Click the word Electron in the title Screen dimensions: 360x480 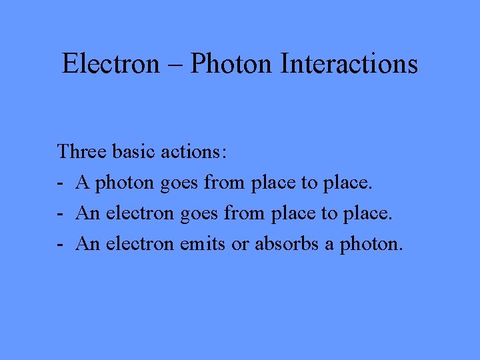pos(111,64)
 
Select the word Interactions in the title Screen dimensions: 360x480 pos(349,64)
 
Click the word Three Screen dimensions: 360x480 pos(82,151)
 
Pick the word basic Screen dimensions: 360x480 pos(134,151)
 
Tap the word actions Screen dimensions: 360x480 pos(194,151)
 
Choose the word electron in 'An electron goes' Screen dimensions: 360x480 pos(137,213)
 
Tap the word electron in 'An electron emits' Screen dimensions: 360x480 pos(137,244)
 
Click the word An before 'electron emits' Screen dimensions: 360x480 pos(87,244)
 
